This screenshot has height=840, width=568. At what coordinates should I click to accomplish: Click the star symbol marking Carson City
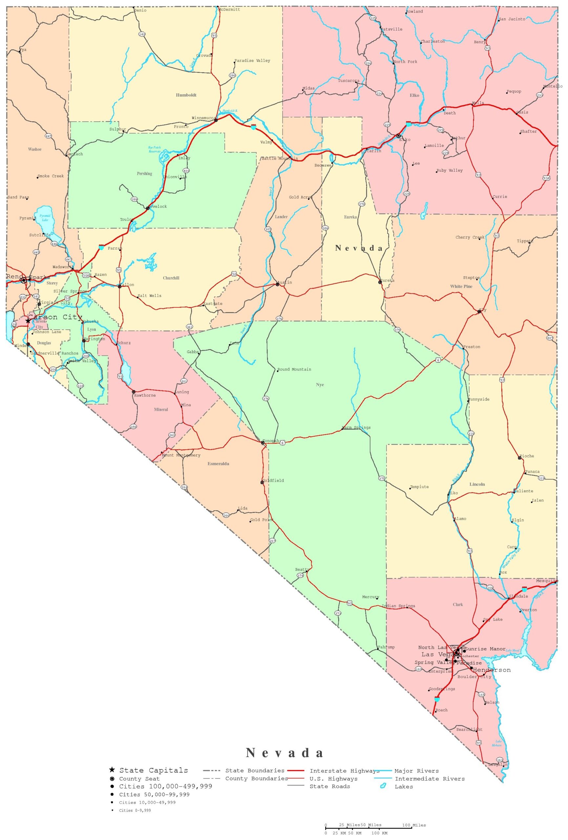pyautogui.click(x=28, y=321)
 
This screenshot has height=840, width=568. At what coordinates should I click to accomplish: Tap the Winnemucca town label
pyautogui.click(x=203, y=118)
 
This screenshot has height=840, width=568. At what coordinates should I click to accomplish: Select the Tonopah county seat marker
pyautogui.click(x=263, y=442)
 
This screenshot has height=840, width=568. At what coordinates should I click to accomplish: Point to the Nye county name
pyautogui.click(x=320, y=385)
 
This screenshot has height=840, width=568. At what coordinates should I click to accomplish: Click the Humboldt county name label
pyautogui.click(x=186, y=95)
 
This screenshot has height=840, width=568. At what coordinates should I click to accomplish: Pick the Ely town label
pyautogui.click(x=483, y=310)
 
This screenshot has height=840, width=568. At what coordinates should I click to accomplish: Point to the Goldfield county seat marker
pyautogui.click(x=262, y=482)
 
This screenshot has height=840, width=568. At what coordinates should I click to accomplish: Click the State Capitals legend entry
pyautogui.click(x=153, y=770)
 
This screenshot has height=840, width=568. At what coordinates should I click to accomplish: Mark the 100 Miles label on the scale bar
pyautogui.click(x=414, y=825)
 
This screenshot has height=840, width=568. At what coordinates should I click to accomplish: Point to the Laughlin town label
pyautogui.click(x=498, y=765)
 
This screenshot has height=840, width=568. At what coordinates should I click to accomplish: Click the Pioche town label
pyautogui.click(x=527, y=456)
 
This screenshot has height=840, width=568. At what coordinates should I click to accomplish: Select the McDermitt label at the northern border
pyautogui.click(x=230, y=10)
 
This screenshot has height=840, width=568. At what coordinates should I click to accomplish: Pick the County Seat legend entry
pyautogui.click(x=139, y=779)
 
